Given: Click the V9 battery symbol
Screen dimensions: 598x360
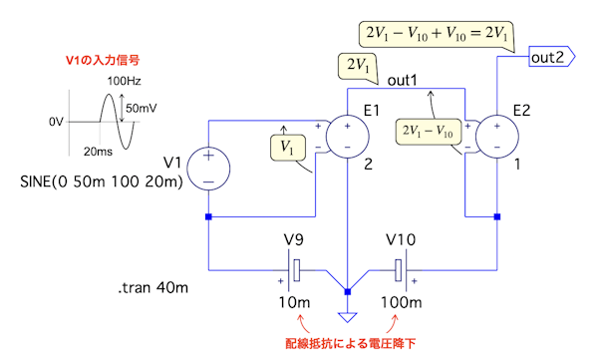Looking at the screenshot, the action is pos(294,270).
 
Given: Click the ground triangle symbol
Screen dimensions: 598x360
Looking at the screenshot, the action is pos(348,317).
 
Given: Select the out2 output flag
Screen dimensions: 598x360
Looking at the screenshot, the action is pos(552,57).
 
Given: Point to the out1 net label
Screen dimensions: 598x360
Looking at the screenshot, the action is pos(403,81).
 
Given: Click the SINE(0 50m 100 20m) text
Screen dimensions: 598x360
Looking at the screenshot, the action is pos(102,181).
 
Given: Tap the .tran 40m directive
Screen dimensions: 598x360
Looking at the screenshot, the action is pos(152,287).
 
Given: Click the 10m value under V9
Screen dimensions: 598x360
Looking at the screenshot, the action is pos(294,303).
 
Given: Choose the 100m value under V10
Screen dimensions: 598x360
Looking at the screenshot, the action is pos(402,303).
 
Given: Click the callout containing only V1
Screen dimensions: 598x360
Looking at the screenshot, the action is pos(288,148).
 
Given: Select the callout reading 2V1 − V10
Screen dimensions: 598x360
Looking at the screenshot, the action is pos(428,132).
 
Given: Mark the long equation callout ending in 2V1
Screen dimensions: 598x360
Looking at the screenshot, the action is pos(437,34).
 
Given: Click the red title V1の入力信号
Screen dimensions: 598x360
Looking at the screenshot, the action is pos(103,60).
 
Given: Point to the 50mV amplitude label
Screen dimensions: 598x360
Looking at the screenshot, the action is pos(142,109).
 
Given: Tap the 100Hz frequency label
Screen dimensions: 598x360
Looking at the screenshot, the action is pos(124,81).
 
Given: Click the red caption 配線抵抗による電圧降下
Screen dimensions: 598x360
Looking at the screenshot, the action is pos(351,343).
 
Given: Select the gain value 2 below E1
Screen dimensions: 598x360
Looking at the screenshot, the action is pos(368,165).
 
